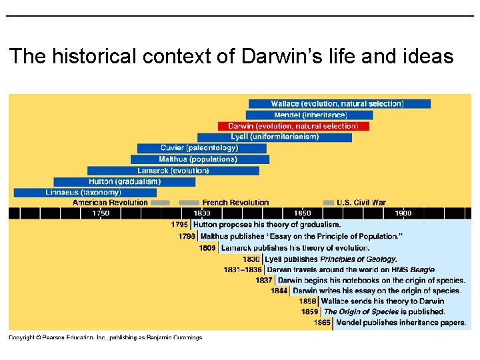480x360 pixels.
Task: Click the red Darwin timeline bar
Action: (293, 126)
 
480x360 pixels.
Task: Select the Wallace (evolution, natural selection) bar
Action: (339, 104)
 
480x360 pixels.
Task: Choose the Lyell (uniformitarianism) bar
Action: (275, 137)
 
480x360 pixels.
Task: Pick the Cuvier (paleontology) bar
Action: (199, 148)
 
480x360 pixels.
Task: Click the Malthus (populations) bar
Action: (199, 159)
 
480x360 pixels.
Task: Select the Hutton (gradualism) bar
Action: (124, 181)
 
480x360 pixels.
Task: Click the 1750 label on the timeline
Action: (101, 213)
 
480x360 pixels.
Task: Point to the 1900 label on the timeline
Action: (403, 213)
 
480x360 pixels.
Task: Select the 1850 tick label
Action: (302, 213)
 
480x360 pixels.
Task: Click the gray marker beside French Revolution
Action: (189, 203)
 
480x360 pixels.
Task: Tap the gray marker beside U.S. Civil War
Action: (328, 203)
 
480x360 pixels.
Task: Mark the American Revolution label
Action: (110, 203)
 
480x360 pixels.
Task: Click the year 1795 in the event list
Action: (179, 225)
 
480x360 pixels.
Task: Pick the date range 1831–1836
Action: (243, 270)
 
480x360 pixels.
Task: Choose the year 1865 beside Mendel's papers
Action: (323, 323)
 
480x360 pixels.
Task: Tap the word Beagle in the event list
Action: (422, 270)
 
